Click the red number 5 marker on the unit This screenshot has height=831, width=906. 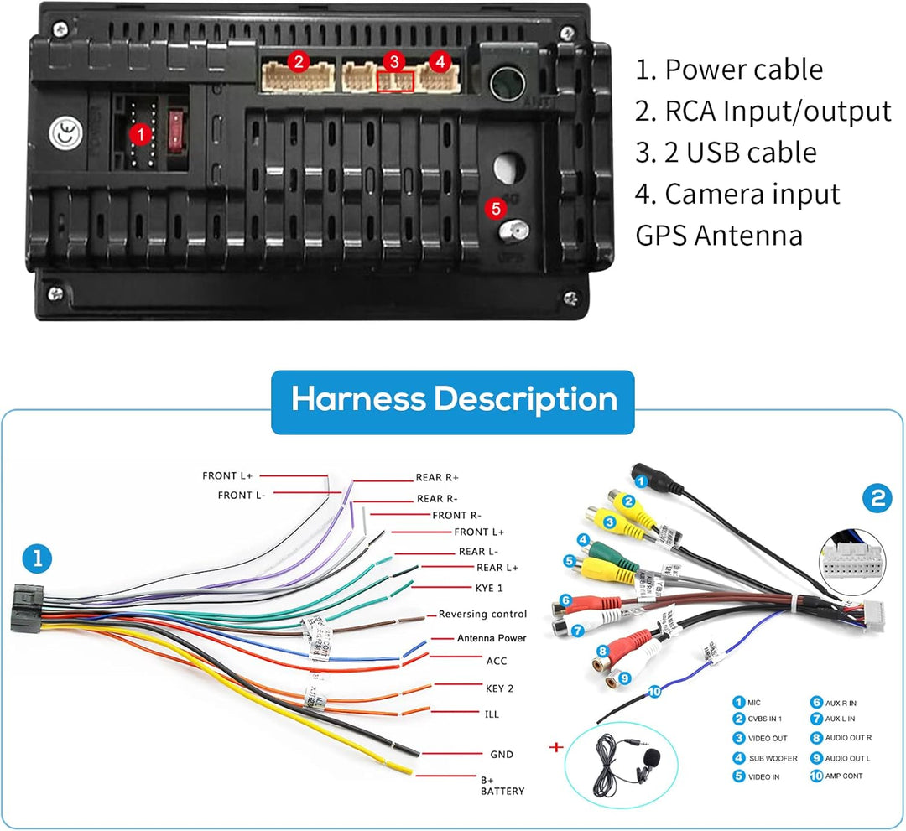(495, 208)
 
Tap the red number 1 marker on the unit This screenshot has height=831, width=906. (141, 133)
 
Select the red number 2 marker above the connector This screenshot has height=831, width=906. (297, 61)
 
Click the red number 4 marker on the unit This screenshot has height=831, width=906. (439, 61)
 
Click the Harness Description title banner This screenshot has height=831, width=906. (453, 400)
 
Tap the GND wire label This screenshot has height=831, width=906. (501, 755)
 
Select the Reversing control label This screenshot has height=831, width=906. (482, 615)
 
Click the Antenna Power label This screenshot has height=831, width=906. (492, 638)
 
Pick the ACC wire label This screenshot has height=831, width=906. (497, 661)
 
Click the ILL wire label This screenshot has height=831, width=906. (492, 714)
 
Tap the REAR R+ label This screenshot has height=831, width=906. (437, 478)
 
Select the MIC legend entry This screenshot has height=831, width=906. (753, 703)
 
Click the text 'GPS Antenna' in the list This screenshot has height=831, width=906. (719, 236)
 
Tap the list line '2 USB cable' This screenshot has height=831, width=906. (726, 153)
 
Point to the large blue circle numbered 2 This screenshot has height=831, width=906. (877, 500)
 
